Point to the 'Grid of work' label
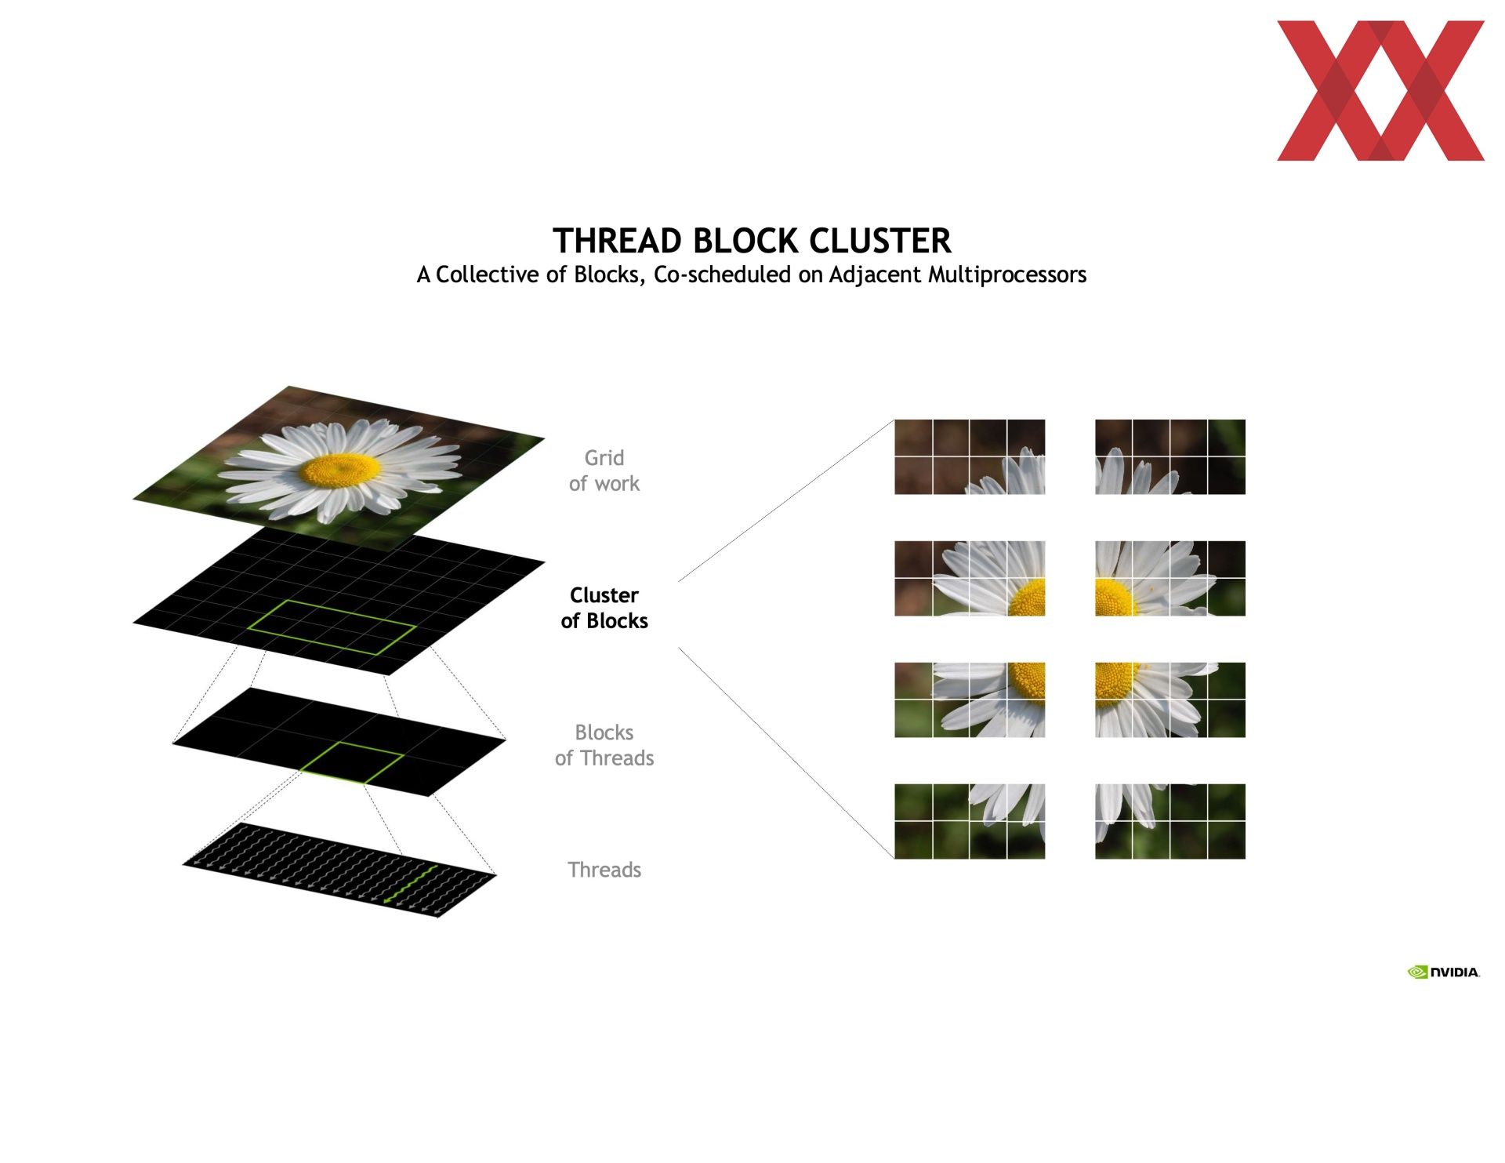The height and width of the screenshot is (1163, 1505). [604, 471]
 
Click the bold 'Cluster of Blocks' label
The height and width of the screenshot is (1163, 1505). [604, 608]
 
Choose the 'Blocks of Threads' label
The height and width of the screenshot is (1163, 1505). [604, 745]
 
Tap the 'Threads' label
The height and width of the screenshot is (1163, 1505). [604, 870]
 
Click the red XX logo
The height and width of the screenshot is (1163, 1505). [1380, 91]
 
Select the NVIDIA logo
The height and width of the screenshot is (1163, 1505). [1443, 972]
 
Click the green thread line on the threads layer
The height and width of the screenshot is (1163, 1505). [410, 885]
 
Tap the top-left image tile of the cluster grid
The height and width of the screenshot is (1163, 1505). [970, 457]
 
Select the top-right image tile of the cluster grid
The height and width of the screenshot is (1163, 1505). [1170, 457]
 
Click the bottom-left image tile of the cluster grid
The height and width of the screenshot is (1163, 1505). [970, 821]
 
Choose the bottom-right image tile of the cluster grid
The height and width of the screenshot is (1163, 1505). [1170, 821]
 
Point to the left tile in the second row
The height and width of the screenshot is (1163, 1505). [970, 579]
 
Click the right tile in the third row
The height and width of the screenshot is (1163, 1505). [1170, 700]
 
